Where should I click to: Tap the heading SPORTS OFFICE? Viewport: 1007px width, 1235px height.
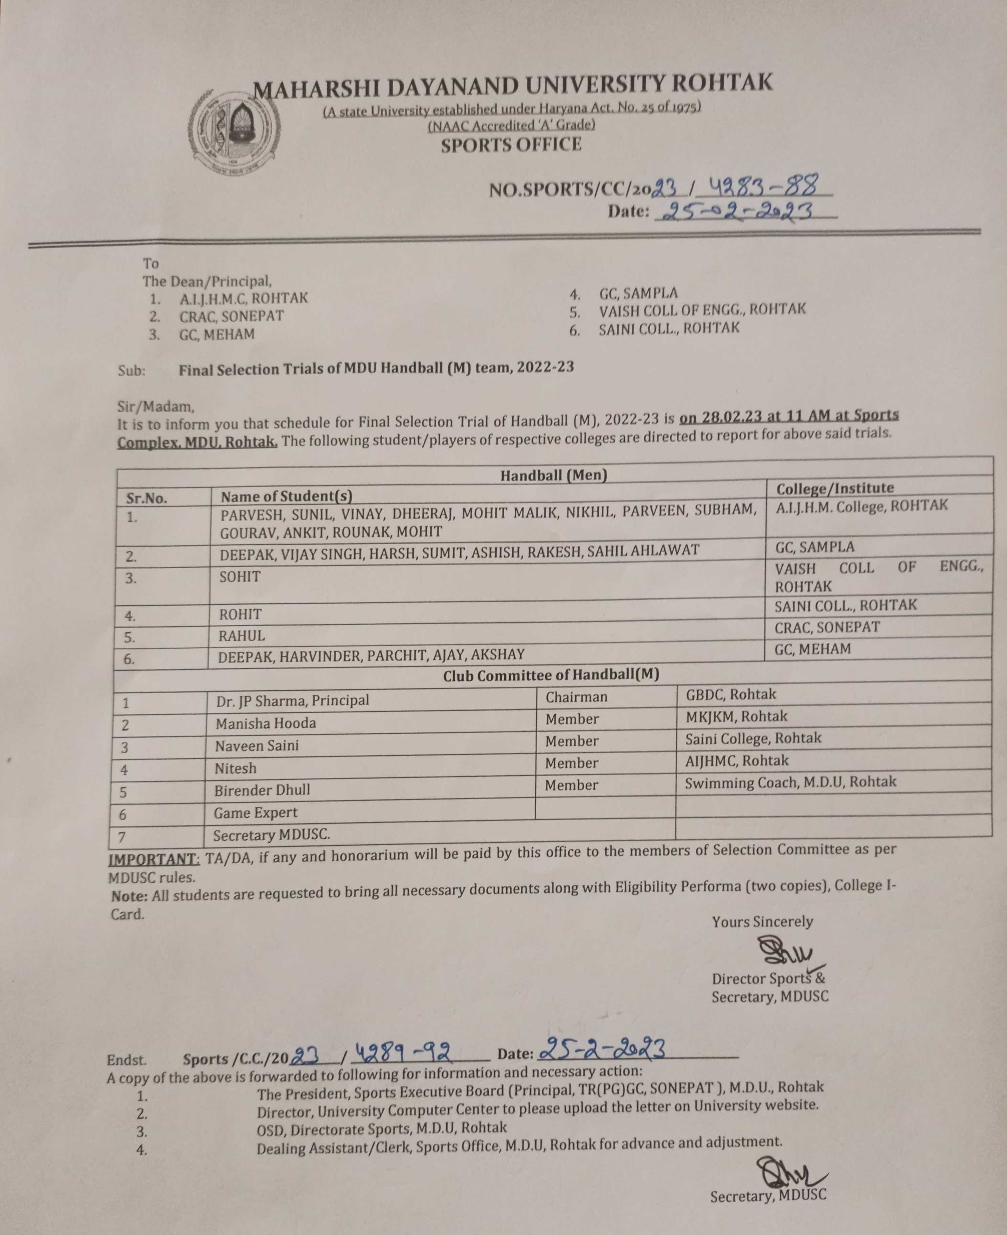pos(511,145)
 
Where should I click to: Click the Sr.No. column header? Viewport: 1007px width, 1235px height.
pos(147,498)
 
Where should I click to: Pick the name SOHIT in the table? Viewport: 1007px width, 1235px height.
pos(240,577)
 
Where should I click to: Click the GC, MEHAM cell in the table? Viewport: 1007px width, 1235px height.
pos(812,649)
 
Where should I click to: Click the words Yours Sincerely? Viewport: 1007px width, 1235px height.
pos(762,922)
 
